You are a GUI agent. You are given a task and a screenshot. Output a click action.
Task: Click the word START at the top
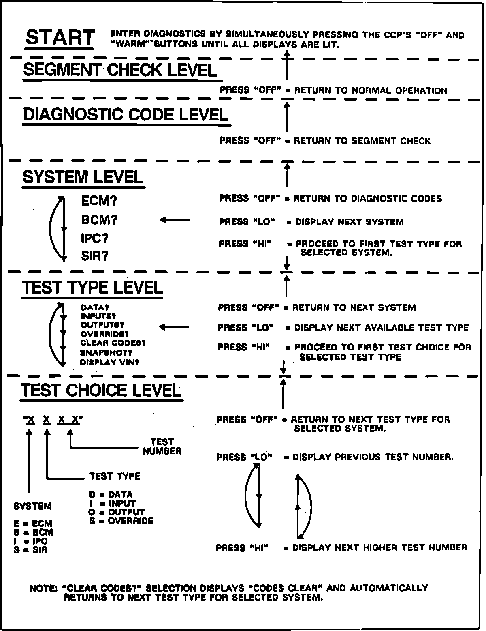60,38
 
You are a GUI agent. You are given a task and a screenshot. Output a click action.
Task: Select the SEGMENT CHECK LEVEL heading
120,70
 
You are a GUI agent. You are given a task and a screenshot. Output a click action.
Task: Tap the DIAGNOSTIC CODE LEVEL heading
126,115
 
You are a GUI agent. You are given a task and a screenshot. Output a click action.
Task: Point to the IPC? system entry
94,238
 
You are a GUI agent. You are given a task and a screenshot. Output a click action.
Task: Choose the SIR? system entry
94,256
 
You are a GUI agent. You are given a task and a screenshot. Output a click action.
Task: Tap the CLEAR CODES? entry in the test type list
113,343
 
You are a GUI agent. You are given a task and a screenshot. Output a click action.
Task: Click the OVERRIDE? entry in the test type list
104,334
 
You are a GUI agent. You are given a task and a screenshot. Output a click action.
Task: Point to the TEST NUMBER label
162,446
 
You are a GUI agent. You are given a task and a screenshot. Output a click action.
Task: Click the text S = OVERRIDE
121,521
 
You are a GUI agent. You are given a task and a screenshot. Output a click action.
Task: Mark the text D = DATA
111,494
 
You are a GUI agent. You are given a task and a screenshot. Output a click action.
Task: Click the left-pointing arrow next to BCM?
175,220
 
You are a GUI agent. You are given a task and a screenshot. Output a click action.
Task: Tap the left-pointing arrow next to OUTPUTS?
174,327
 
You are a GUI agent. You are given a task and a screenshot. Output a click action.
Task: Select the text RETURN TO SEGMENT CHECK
362,141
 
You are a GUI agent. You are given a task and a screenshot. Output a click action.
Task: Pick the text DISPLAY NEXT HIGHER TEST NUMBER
380,548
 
